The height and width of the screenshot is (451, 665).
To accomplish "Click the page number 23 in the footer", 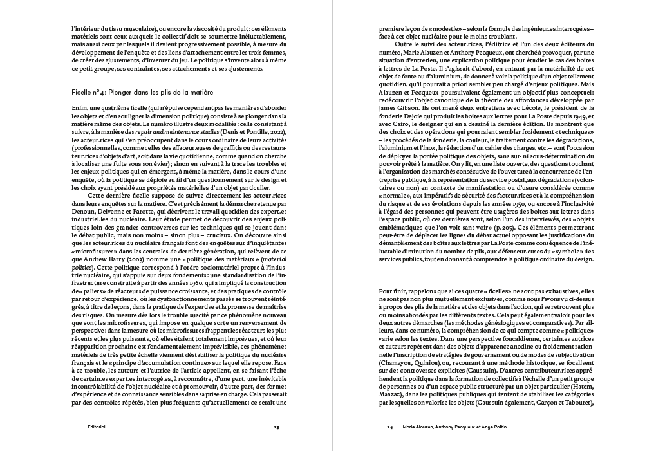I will [x=276, y=427].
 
